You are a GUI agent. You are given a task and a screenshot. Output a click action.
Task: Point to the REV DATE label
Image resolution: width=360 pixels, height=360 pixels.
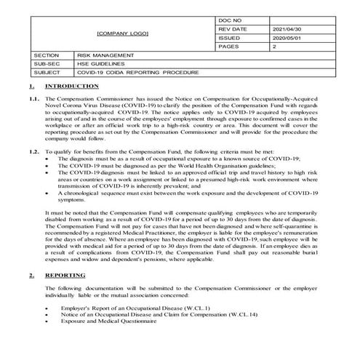(x=232, y=28)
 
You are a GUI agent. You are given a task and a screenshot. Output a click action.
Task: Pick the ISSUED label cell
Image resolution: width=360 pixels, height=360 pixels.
(x=229, y=38)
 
